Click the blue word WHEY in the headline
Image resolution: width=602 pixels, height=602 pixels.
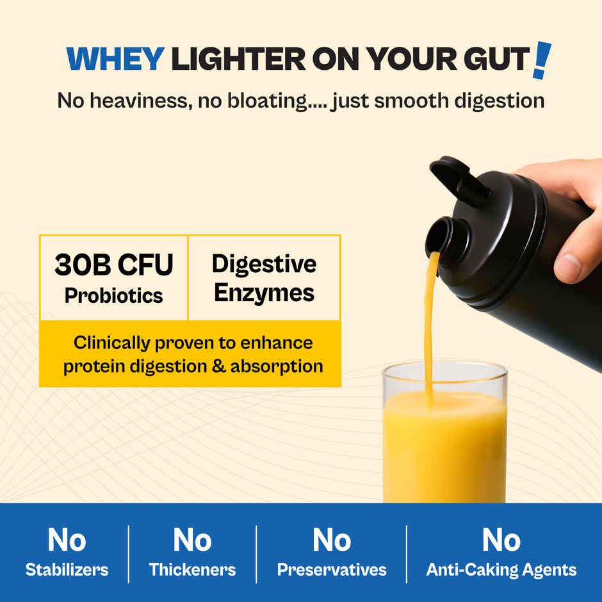(x=115, y=59)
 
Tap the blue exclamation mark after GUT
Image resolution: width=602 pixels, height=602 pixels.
(x=542, y=60)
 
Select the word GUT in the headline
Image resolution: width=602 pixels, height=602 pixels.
(x=497, y=59)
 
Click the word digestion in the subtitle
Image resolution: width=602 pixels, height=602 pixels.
(x=499, y=101)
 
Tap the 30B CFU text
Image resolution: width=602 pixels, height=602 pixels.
(x=113, y=264)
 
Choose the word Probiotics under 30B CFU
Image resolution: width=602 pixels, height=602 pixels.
(x=113, y=296)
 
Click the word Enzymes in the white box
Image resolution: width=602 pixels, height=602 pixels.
(x=264, y=294)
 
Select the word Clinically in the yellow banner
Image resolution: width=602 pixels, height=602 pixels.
(x=111, y=343)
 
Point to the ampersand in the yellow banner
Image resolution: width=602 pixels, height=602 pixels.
(x=218, y=366)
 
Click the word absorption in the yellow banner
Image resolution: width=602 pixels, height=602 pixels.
(x=277, y=367)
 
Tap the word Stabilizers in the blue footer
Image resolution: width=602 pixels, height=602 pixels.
(x=67, y=570)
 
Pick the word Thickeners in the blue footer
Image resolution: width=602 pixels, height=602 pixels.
(x=192, y=570)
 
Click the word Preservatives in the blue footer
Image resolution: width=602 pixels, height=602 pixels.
(x=332, y=570)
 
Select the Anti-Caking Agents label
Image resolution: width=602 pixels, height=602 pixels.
(x=501, y=570)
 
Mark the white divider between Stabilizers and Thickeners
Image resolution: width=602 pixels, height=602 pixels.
(x=128, y=554)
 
